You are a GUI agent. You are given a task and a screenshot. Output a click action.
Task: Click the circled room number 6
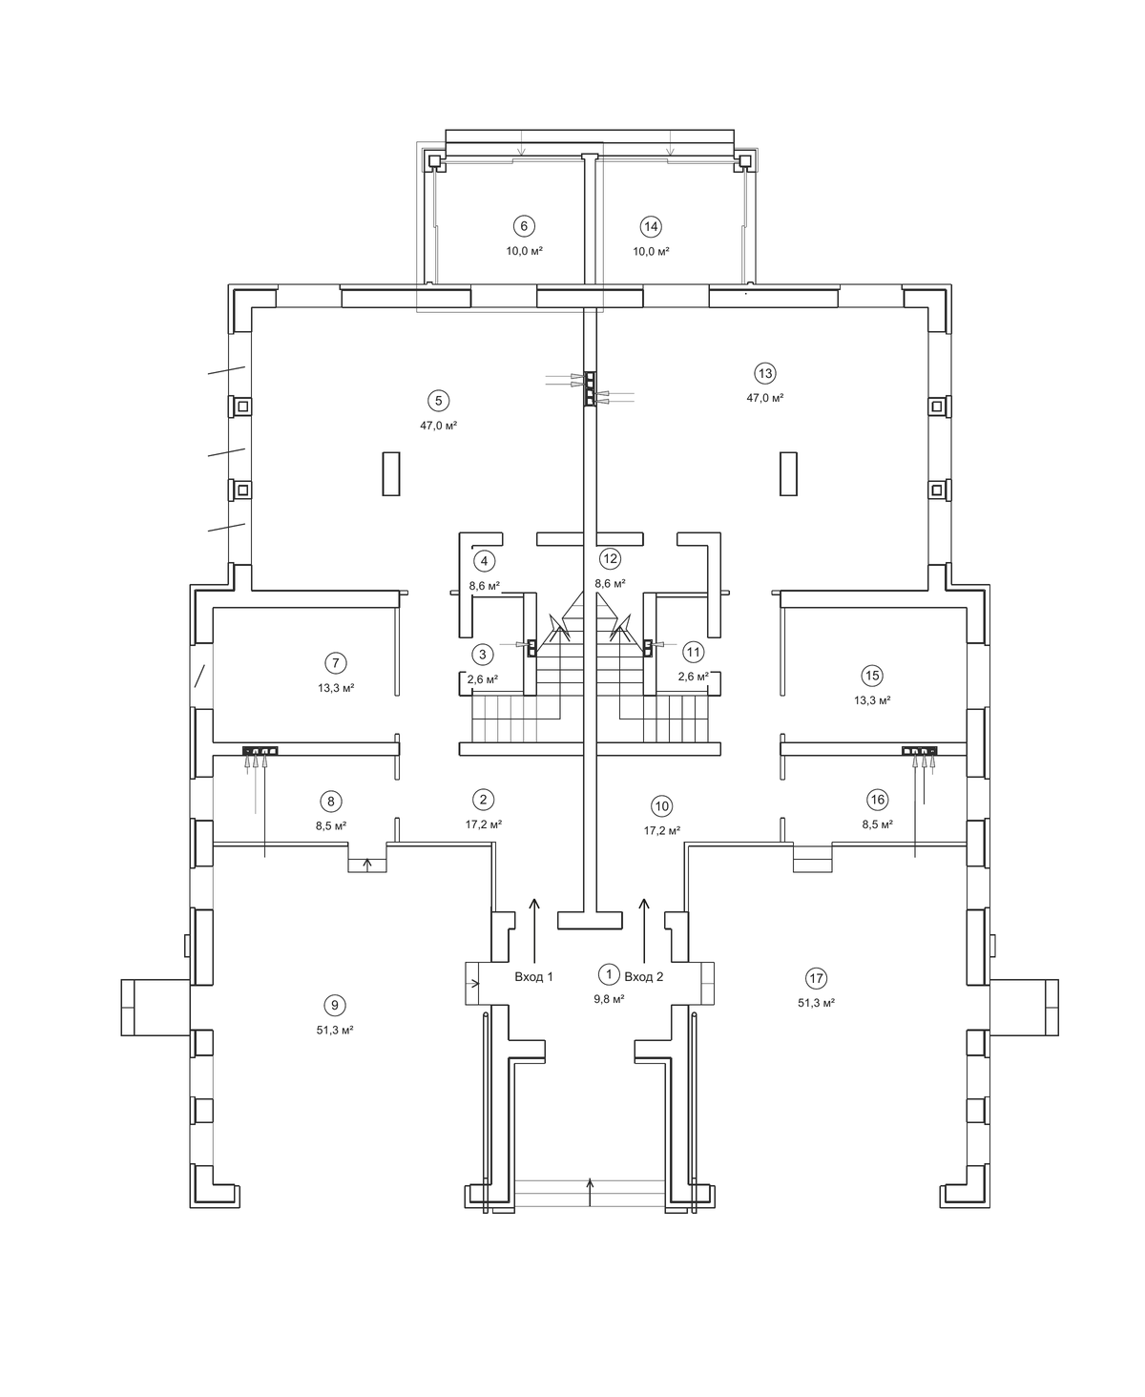tap(524, 226)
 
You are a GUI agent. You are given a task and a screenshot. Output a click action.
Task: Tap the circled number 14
tap(651, 226)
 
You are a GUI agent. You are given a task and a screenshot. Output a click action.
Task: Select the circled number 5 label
tap(438, 401)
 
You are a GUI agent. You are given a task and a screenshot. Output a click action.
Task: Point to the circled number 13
tap(765, 374)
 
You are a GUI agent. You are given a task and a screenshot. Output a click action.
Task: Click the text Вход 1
tap(533, 977)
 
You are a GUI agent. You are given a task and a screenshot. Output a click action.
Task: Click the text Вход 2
tap(644, 977)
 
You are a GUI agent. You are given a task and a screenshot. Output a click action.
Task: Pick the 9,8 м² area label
tap(610, 999)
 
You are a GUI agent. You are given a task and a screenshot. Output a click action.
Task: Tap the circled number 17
tap(816, 978)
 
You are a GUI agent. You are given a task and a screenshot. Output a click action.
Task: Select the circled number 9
tap(334, 1006)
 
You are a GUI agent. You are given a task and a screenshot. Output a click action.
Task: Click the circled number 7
tap(336, 663)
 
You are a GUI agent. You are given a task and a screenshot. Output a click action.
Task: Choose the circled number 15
tap(872, 676)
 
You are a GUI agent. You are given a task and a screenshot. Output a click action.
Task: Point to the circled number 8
tap(331, 802)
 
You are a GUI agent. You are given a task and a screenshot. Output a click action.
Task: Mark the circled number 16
tap(878, 801)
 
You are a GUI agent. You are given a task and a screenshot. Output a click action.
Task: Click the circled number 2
tap(484, 800)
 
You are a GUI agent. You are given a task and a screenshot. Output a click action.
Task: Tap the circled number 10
tap(661, 806)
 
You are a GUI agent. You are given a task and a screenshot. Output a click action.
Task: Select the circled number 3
tap(482, 656)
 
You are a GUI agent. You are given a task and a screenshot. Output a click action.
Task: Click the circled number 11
tap(694, 653)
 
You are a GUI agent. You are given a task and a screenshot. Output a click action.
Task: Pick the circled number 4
tap(484, 562)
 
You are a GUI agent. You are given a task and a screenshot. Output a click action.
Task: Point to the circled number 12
tap(610, 559)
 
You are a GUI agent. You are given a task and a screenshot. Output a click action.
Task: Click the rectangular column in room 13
tap(788, 473)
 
